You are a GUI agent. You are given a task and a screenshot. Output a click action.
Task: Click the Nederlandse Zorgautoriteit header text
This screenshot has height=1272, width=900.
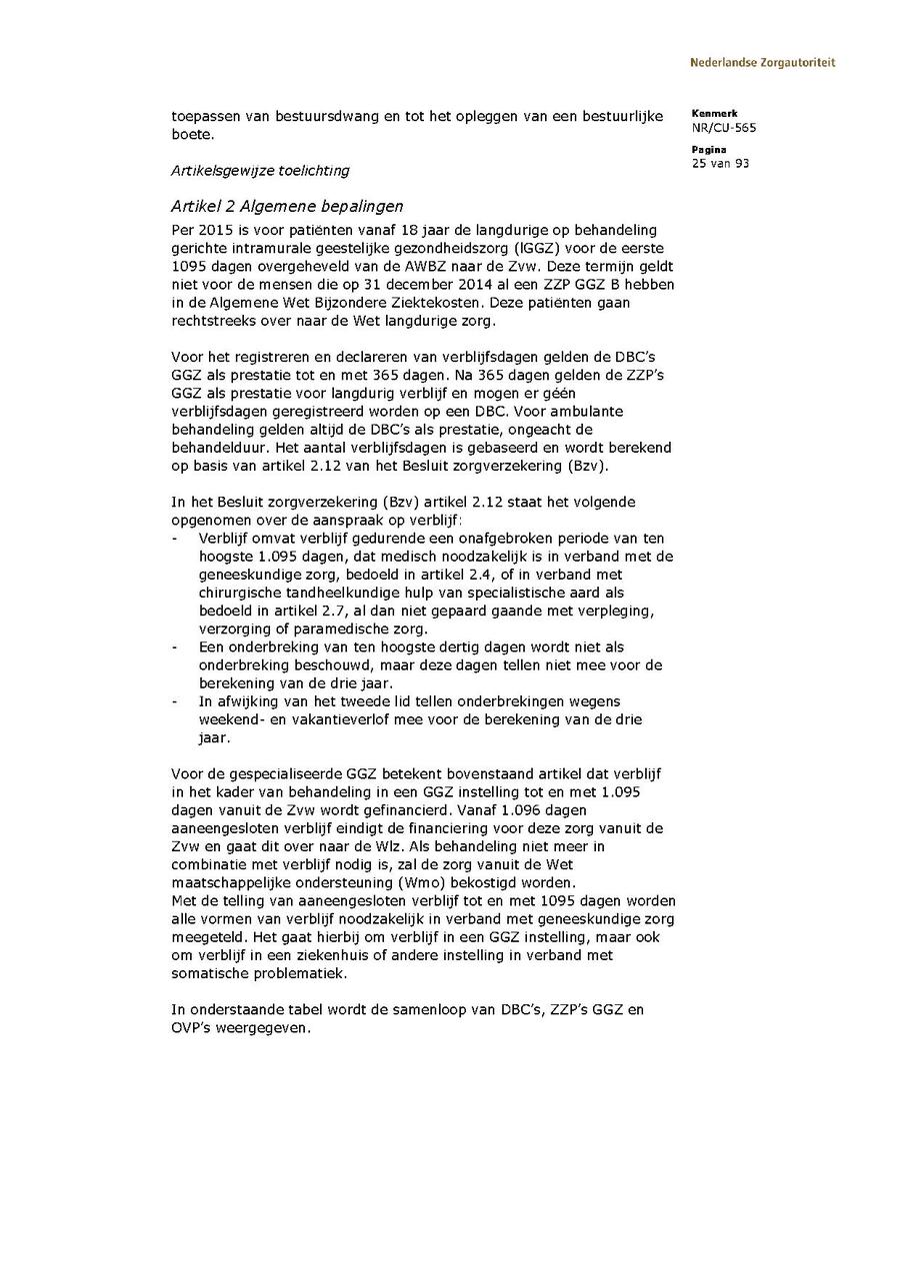pos(762,63)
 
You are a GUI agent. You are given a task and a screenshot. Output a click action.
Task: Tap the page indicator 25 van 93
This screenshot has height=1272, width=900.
pos(720,164)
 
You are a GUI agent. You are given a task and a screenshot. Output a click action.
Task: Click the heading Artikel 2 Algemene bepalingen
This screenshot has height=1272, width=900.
pos(287,207)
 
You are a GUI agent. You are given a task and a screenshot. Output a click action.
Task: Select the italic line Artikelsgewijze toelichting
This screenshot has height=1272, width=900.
pos(260,171)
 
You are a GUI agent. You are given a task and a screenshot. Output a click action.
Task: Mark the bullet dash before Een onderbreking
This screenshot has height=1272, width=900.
pos(176,646)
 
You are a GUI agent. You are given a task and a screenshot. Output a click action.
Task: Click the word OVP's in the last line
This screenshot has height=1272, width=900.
pos(194,1029)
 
